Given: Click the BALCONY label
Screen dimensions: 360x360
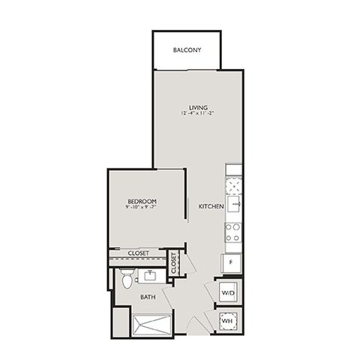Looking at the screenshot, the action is click(x=187, y=50).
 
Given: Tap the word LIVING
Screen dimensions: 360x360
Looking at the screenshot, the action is click(x=198, y=108).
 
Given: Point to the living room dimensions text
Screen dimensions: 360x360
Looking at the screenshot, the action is click(x=198, y=113).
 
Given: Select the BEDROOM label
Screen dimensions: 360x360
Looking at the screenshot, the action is click(x=142, y=201).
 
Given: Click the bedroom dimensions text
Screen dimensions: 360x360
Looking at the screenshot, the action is click(x=142, y=207).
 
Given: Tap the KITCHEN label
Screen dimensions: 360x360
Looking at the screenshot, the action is click(x=211, y=206).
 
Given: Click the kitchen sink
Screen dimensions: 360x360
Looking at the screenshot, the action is click(x=234, y=204).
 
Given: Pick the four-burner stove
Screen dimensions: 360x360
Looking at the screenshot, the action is click(x=233, y=233).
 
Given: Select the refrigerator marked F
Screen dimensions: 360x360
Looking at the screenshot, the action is click(x=232, y=263).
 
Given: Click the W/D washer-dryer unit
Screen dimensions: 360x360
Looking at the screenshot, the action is click(x=229, y=292).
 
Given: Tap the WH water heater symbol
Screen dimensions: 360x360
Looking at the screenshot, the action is click(x=228, y=321).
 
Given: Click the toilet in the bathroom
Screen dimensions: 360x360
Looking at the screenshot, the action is click(x=127, y=278).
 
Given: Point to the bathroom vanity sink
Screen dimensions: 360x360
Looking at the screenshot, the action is click(x=151, y=275).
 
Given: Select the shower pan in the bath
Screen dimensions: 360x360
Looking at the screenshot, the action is click(x=152, y=325).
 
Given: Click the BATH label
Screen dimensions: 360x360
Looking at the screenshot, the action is click(x=148, y=297).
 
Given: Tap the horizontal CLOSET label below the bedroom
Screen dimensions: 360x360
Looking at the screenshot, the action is click(x=138, y=253).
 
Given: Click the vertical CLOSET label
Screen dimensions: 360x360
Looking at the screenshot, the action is click(x=174, y=263).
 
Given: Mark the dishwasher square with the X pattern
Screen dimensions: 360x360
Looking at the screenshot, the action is click(x=234, y=186).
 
